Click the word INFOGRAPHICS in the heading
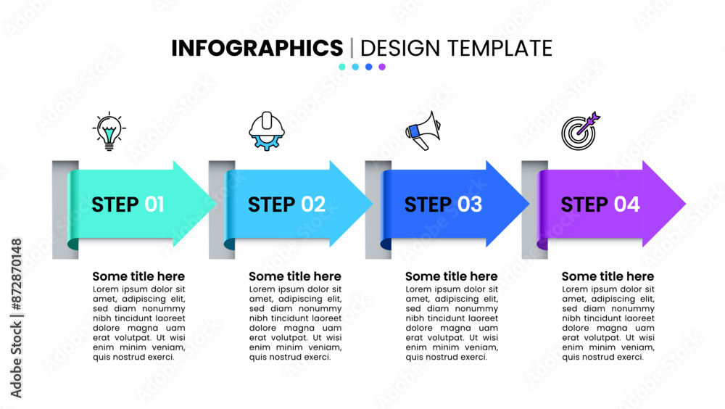click(x=257, y=48)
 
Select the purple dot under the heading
click(x=382, y=67)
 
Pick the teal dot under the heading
click(x=342, y=67)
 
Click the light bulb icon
click(x=109, y=131)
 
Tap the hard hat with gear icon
click(x=267, y=131)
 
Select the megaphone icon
click(x=423, y=131)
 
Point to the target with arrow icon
click(x=580, y=131)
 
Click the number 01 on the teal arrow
click(x=154, y=204)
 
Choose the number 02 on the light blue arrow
click(x=313, y=204)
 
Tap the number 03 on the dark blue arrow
click(x=470, y=204)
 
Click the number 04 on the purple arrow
click(x=627, y=204)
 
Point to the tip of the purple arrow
click(x=685, y=203)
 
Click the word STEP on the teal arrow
click(x=115, y=204)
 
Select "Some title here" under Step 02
click(x=295, y=276)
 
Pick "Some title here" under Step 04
click(x=608, y=276)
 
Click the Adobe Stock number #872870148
click(x=16, y=274)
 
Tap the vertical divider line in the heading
click(x=352, y=48)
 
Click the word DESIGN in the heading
click(x=400, y=48)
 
